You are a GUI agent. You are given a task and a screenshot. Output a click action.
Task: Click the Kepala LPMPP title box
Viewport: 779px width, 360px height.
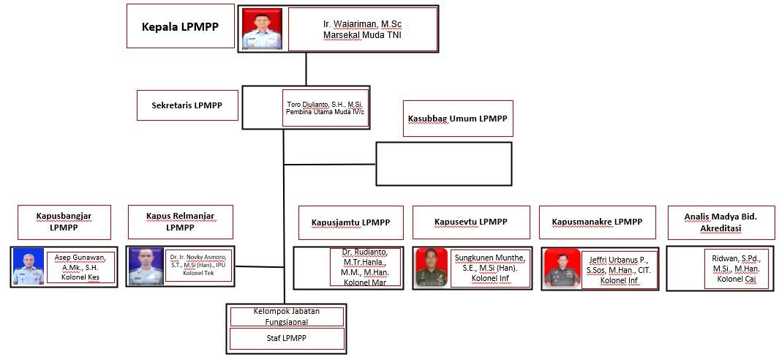[180, 26]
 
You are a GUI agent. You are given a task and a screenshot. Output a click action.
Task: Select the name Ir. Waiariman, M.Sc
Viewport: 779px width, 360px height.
[362, 29]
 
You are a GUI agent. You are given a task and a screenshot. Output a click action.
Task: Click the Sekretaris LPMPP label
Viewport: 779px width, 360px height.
[187, 105]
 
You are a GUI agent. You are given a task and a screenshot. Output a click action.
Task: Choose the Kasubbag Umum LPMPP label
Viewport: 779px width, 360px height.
[458, 119]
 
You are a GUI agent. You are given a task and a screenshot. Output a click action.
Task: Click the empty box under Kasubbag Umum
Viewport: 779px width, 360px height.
[443, 163]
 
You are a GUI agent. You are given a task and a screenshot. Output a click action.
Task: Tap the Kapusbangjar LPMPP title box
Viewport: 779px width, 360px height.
[64, 222]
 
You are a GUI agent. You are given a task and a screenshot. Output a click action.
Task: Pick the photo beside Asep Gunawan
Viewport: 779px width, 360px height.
[29, 266]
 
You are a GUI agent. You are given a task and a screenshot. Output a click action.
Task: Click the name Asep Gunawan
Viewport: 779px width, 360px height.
[80, 267]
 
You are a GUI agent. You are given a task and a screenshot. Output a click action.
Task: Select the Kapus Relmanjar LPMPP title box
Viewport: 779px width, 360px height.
[180, 222]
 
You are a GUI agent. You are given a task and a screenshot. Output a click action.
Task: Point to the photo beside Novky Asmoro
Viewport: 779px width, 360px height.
[146, 266]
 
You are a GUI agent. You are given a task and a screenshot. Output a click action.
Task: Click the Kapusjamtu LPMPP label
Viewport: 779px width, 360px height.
[350, 222]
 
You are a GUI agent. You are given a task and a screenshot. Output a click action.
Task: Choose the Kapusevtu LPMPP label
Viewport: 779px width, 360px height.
[470, 222]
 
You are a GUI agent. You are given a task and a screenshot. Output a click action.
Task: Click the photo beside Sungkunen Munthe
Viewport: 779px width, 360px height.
[432, 267]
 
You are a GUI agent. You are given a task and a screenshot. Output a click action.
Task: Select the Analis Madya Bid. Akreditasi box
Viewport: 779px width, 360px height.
[720, 222]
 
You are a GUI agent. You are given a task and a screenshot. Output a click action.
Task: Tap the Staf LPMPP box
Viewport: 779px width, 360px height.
[287, 339]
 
